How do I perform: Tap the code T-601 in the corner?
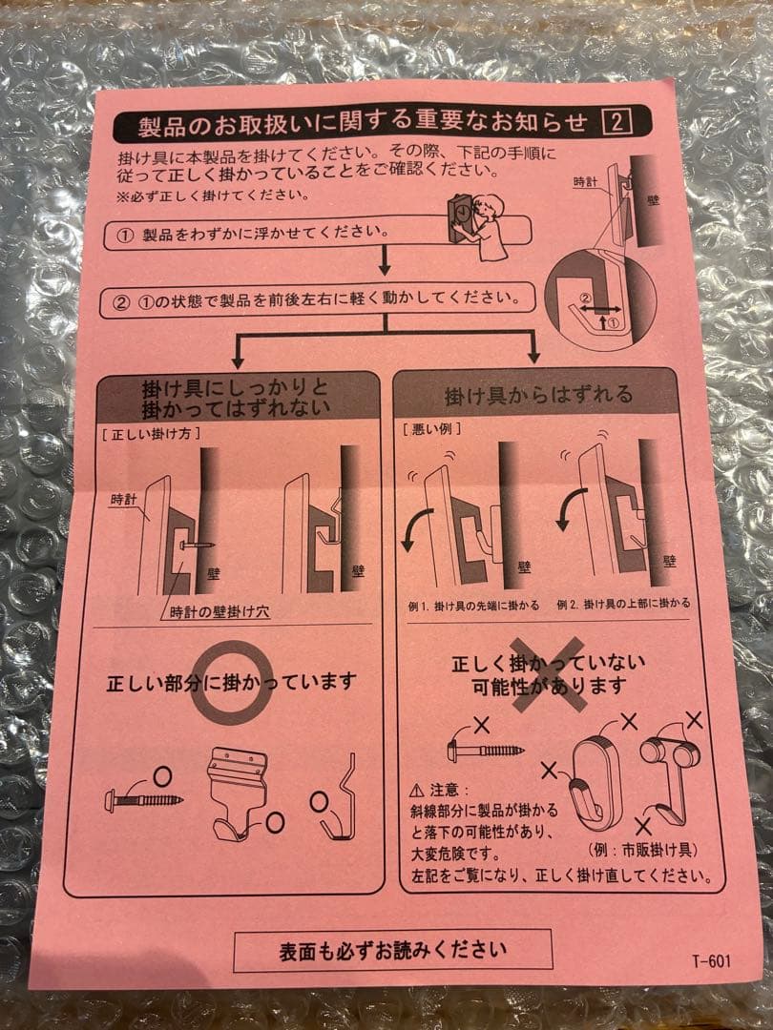click(x=712, y=960)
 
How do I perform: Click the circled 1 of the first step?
click(x=124, y=234)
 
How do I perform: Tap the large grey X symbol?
click(x=548, y=679)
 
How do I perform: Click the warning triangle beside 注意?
click(x=415, y=791)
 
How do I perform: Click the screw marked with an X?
click(x=485, y=749)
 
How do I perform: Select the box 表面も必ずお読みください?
click(x=392, y=950)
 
